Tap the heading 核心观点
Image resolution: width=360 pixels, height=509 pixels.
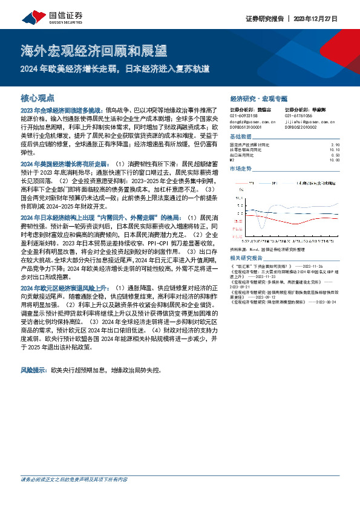[38, 97]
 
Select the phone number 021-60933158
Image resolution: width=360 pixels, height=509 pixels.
[244, 115]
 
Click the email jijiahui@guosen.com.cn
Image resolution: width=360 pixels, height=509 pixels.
[309, 121]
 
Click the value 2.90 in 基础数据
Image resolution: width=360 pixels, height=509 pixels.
[336, 144]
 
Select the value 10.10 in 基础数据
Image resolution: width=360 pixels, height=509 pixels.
[336, 149]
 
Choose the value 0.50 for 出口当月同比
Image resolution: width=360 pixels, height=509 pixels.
[336, 154]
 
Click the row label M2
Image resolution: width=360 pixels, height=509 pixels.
[233, 160]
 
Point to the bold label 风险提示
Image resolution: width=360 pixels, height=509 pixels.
[34, 368]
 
